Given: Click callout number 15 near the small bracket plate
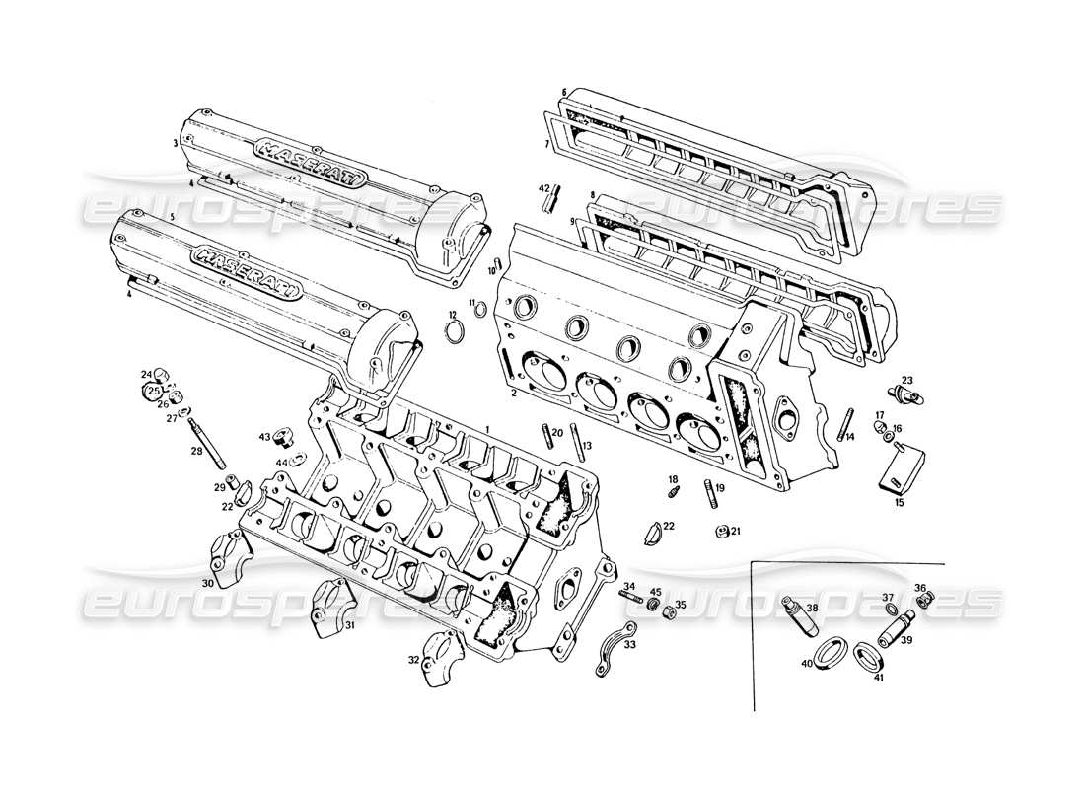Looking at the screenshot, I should tap(899, 502).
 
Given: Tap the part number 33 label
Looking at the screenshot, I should tap(630, 645).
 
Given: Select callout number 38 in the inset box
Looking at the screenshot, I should tap(812, 609).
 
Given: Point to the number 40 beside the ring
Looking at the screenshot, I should tap(806, 664).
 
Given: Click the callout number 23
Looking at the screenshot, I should tap(907, 381).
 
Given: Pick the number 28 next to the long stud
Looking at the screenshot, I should tap(195, 451).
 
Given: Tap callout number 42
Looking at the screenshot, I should tap(544, 188).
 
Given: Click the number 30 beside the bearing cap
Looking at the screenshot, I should tap(208, 584).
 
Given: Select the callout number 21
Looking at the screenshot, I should tap(735, 533).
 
